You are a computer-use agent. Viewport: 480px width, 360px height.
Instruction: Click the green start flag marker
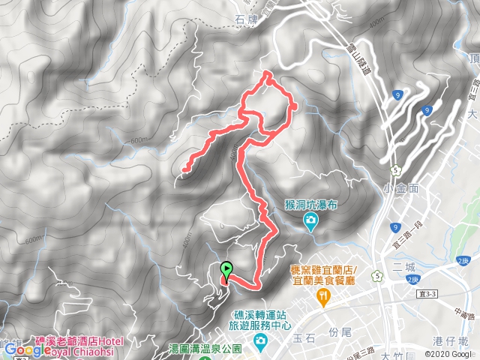click(226, 269)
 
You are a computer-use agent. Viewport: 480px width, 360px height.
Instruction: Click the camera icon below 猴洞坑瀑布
click(310, 220)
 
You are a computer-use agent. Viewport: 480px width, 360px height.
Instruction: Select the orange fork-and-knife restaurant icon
click(323, 299)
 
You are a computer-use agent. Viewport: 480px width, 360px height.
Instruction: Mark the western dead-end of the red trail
click(184, 172)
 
